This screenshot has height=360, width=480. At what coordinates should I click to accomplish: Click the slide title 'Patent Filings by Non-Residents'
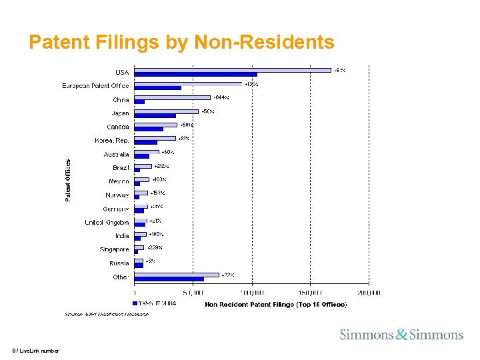pyautogui.click(x=181, y=43)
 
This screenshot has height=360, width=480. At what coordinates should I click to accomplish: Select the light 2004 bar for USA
pyautogui.click(x=233, y=69)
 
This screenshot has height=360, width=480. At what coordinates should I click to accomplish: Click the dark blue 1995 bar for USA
pyautogui.click(x=195, y=75)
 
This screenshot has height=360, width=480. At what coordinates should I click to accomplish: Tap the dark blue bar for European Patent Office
pyautogui.click(x=157, y=88)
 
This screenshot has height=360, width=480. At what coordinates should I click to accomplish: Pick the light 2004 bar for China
pyautogui.click(x=173, y=97)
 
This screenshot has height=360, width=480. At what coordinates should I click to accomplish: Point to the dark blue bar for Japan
pyautogui.click(x=155, y=116)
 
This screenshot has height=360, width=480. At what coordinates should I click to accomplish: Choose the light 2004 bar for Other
pyautogui.click(x=177, y=274)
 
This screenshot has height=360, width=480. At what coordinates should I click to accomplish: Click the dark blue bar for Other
pyautogui.click(x=169, y=279)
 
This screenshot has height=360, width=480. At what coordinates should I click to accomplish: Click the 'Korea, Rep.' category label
pyautogui.click(x=111, y=141)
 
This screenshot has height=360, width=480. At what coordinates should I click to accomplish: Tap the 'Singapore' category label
pyautogui.click(x=114, y=249)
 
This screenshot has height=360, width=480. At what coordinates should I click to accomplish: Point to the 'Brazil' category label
pyautogui.click(x=121, y=167)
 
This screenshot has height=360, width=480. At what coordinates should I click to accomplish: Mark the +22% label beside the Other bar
pyautogui.click(x=227, y=275)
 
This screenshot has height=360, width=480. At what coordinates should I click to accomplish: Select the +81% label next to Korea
pyautogui.click(x=184, y=138)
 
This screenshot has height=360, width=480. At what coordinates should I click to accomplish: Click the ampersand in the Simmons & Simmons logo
pyautogui.click(x=401, y=335)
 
